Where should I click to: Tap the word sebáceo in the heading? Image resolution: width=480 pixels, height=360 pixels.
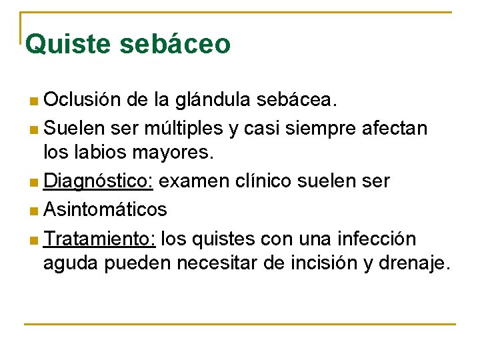click(175, 44)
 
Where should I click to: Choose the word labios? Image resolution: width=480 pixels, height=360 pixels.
click(98, 153)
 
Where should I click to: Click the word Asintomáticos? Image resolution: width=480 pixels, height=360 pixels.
click(105, 209)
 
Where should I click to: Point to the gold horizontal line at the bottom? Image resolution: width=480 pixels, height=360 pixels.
click(240, 325)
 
